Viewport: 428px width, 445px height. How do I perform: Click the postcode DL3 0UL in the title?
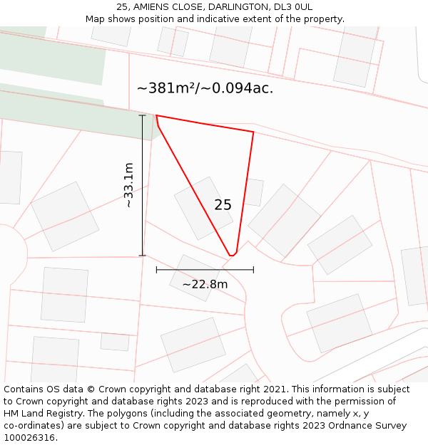pos(292,6)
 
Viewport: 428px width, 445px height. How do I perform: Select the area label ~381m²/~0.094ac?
pos(205,88)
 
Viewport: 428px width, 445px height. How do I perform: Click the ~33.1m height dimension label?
pos(128,185)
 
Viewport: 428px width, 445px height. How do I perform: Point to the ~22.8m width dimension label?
pos(205,284)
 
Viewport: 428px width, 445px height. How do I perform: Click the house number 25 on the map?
pos(223,205)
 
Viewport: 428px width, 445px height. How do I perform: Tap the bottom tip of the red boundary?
pos(231,255)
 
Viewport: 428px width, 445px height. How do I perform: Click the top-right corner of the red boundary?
pos(253,132)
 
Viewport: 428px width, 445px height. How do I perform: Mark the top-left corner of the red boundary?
pos(156,115)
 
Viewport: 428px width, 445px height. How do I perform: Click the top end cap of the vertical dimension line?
pos(142,115)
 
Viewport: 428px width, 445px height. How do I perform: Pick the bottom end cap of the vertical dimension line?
pos(142,256)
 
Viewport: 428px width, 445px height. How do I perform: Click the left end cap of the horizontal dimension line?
pos(156,270)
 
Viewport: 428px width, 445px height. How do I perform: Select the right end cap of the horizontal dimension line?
pos(253,270)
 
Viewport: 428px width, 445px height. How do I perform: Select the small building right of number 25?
pos(253,192)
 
